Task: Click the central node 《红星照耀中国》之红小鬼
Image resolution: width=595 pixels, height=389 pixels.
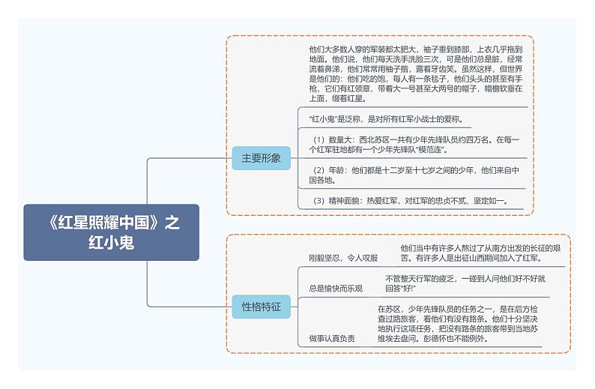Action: pyautogui.click(x=112, y=232)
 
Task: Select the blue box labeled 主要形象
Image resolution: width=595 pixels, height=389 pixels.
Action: pyautogui.click(x=261, y=158)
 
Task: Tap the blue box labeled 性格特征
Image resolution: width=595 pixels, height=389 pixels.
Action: pyautogui.click(x=261, y=306)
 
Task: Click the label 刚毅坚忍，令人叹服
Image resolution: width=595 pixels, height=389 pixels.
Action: pyautogui.click(x=343, y=258)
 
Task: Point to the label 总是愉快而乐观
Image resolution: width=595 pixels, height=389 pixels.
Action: pyautogui.click(x=336, y=289)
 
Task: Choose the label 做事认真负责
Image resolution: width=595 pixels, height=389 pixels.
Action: pyautogui.click(x=332, y=339)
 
